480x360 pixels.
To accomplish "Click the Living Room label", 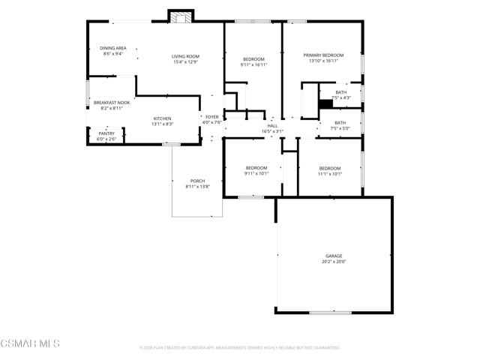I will point(185,56).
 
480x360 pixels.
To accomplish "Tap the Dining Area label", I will point(113,48).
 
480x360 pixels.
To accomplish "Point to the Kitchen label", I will point(163,118).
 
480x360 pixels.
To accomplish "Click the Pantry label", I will point(106,133).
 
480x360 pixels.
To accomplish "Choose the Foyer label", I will point(212,118).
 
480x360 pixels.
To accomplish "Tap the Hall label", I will point(272,126).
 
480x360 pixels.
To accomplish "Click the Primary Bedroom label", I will point(323,55).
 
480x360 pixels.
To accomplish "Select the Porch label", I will point(197,181).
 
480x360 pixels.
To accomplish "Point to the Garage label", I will point(334,256).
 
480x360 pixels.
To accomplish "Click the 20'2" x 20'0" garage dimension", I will point(334,262).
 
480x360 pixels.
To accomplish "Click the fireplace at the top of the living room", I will point(181,16).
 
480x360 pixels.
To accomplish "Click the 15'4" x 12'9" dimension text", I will point(185,62).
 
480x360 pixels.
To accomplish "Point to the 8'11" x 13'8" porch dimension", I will point(197,187).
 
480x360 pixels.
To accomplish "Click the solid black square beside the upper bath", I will point(325,104).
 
